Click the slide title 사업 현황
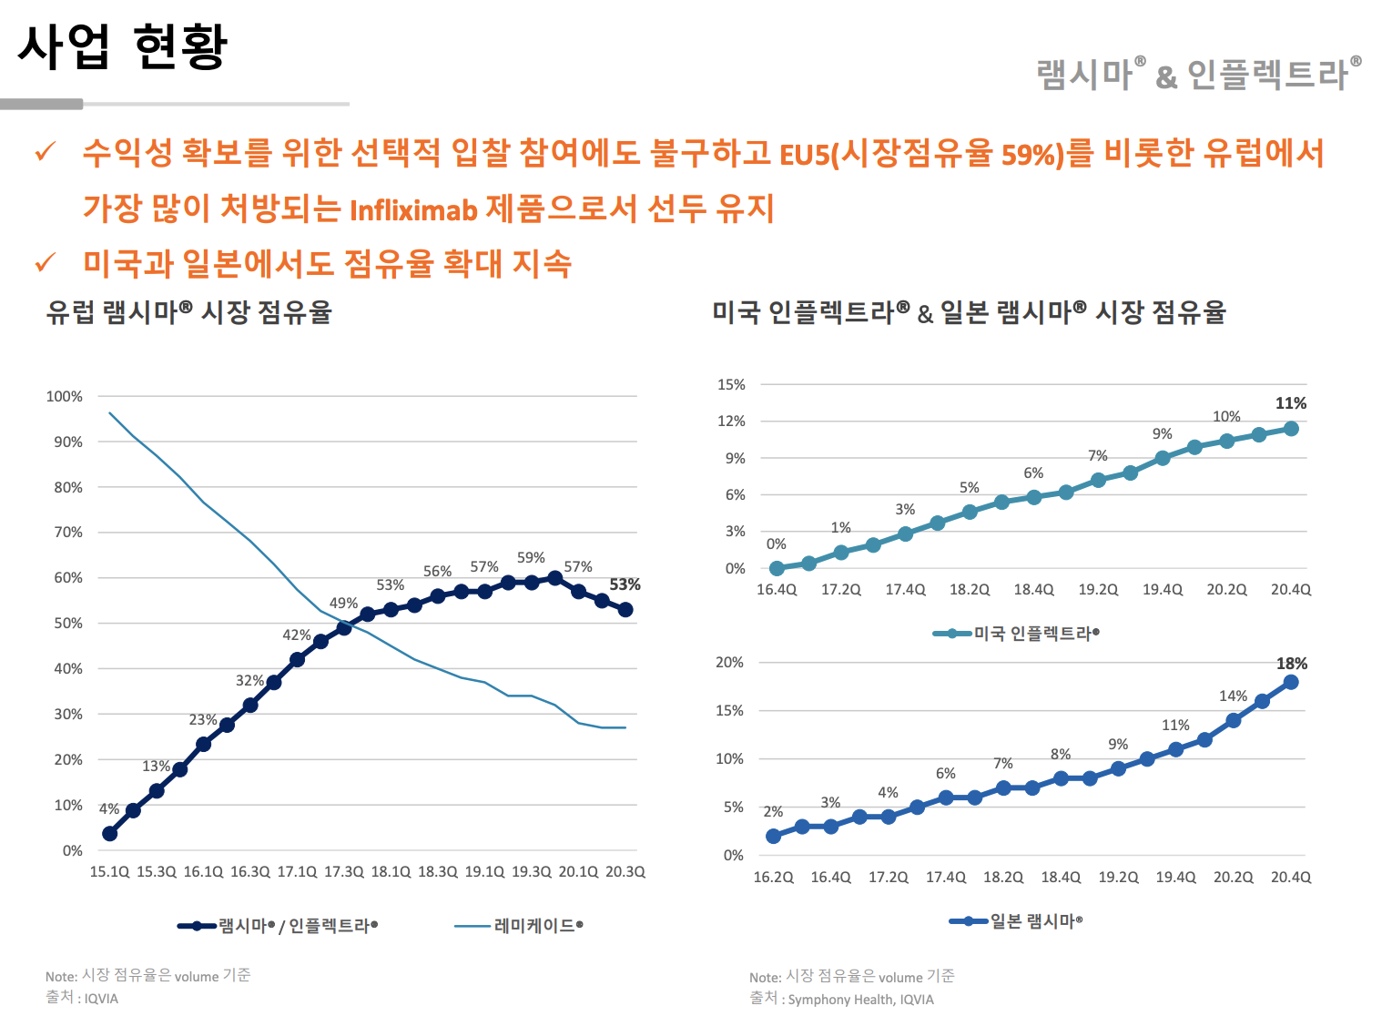tap(122, 46)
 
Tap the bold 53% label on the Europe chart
tap(625, 584)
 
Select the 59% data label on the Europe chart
tap(531, 557)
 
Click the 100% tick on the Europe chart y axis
tap(65, 397)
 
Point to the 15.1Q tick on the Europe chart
tap(109, 872)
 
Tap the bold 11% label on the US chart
tap(1290, 403)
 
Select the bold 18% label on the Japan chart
tap(1291, 664)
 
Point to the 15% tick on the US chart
tap(731, 385)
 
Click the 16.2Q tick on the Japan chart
tap(773, 878)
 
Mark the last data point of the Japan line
tap(1290, 682)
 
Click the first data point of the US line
tap(777, 568)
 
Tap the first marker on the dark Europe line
tap(110, 833)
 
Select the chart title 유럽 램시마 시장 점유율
tap(189, 312)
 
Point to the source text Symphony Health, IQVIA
tap(860, 1000)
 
